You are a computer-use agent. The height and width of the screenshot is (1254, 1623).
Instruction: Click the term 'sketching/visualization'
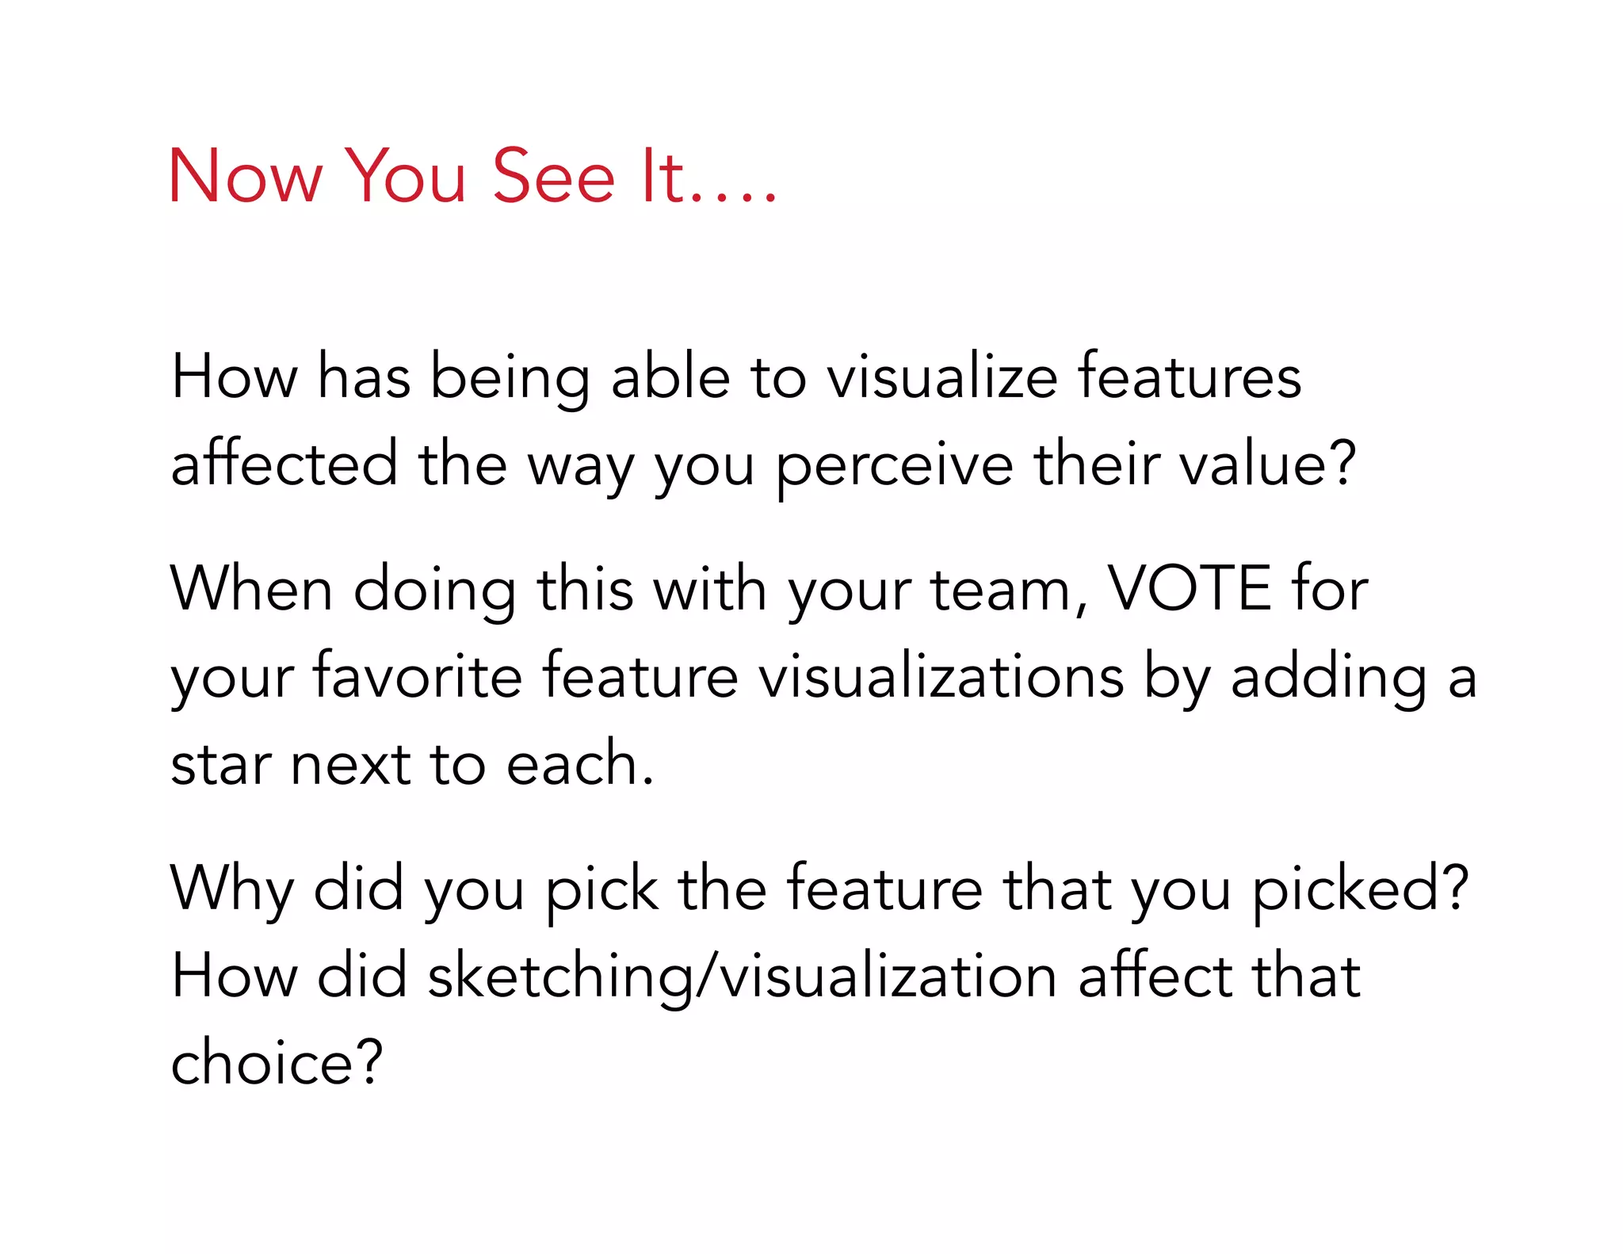click(742, 977)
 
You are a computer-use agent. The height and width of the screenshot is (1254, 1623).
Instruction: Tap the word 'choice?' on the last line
click(277, 1063)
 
